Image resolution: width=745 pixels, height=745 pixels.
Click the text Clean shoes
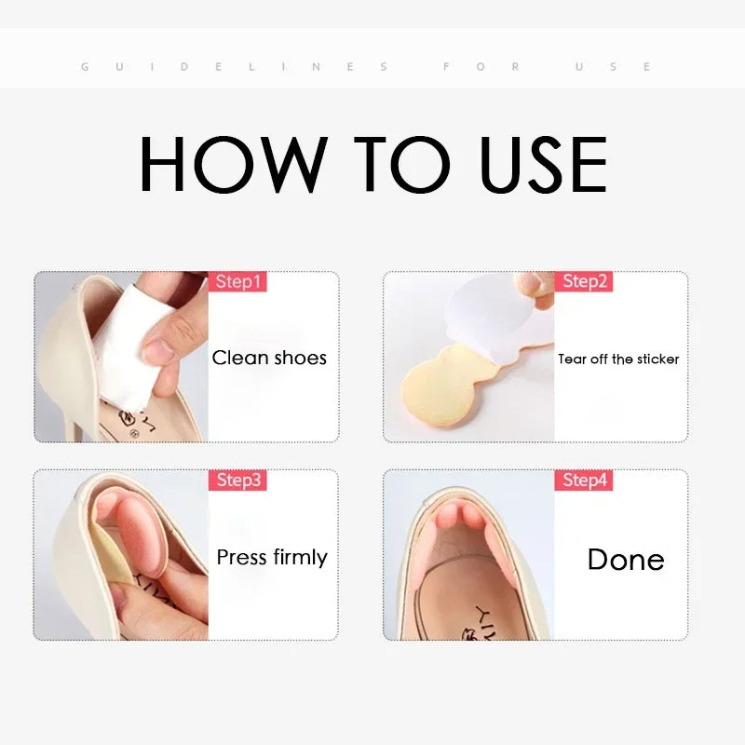pyautogui.click(x=269, y=358)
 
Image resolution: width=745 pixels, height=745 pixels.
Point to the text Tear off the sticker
pyautogui.click(x=618, y=359)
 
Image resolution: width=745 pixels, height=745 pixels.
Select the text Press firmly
pyautogui.click(x=272, y=557)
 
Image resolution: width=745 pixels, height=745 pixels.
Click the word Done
pyautogui.click(x=625, y=559)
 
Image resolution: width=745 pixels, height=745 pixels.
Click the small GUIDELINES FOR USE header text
pyautogui.click(x=367, y=67)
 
